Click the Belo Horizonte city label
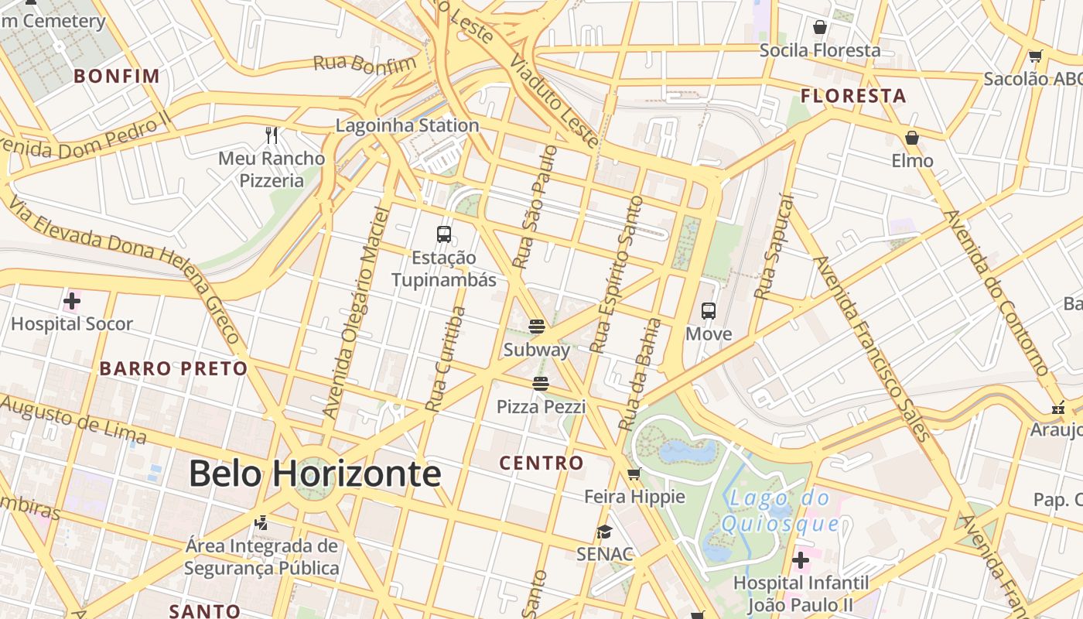[314, 474]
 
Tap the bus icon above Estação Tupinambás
[444, 234]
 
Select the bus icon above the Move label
[709, 311]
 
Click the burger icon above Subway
[537, 326]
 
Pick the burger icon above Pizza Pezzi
[541, 383]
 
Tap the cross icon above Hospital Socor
[72, 300]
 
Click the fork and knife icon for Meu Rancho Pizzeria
[272, 135]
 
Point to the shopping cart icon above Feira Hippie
[634, 474]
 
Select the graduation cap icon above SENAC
[604, 532]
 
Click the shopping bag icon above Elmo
[912, 138]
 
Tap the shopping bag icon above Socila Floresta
[820, 28]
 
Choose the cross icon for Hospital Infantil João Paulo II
[801, 559]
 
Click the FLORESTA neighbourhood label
[853, 96]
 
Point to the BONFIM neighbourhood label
[117, 76]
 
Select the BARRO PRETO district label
[173, 368]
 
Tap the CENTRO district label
[541, 463]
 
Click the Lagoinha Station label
[407, 125]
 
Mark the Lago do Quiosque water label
[780, 511]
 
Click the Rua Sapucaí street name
[774, 248]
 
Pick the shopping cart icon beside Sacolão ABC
[1035, 56]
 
